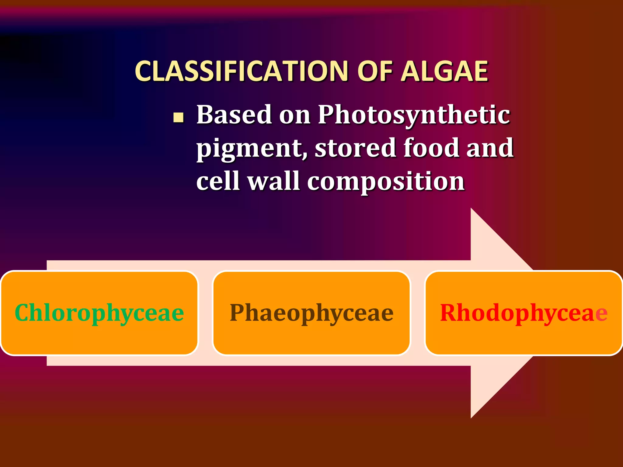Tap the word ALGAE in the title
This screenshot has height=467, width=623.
point(444,71)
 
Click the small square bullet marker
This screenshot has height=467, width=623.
point(178,118)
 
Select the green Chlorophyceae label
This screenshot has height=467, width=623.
point(99,313)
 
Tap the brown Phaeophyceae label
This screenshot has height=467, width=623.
point(311,313)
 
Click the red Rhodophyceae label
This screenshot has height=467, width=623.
point(524,313)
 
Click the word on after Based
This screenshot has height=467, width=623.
point(295,115)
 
